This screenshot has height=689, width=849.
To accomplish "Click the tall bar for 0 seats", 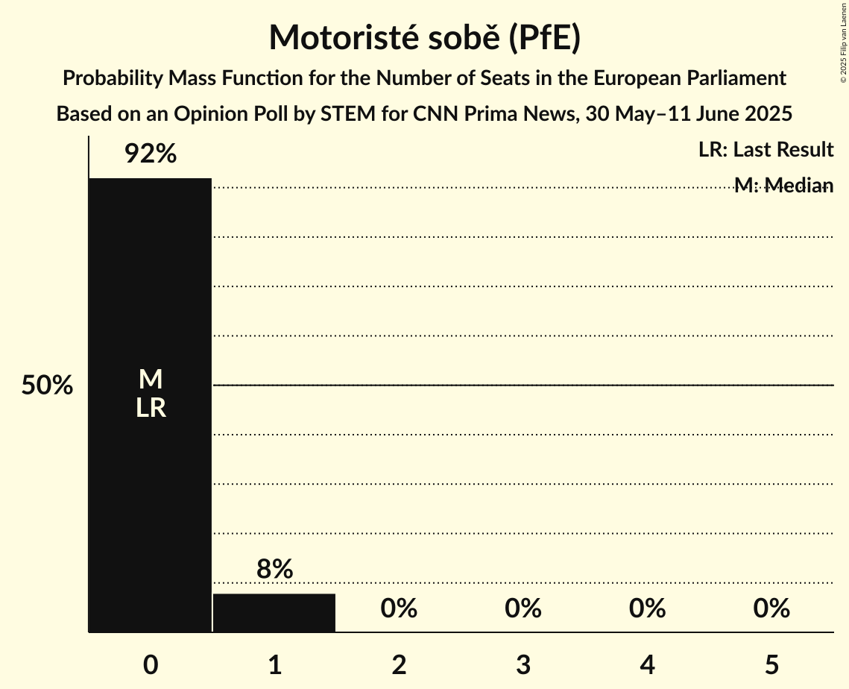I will click(150, 298).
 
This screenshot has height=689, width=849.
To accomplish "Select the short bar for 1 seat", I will click(274, 613).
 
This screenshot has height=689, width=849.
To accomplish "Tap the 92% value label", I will click(150, 154).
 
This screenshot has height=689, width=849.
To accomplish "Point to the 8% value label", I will click(274, 570).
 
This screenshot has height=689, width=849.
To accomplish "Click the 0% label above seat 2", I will click(399, 608).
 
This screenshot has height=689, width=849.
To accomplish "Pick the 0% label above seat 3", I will click(523, 608).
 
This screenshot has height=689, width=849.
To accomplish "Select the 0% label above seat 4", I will click(647, 608).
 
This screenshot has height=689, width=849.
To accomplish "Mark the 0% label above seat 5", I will click(771, 608).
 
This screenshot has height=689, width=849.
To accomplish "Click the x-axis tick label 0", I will click(150, 664).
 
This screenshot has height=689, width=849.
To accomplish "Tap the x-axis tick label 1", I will click(274, 664).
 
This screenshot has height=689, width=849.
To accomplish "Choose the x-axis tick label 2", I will click(399, 664).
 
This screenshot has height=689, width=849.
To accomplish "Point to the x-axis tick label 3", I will click(523, 664).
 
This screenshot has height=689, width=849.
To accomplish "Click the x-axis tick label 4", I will click(647, 664).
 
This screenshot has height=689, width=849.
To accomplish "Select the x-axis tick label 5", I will click(771, 664).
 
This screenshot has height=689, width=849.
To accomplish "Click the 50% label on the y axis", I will click(47, 386).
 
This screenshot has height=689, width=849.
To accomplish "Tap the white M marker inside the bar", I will click(150, 380).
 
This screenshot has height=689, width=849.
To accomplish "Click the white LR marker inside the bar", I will click(150, 408).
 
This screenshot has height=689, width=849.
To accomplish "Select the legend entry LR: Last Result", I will click(766, 150).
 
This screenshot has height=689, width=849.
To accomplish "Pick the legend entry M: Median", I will click(783, 186).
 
